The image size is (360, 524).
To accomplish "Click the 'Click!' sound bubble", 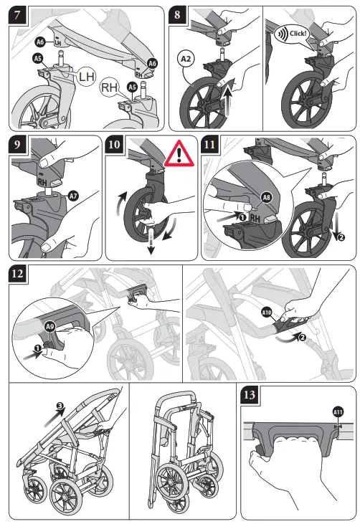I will (x=290, y=34).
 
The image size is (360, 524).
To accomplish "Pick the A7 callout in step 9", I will (x=73, y=196).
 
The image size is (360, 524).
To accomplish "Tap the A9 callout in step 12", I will (x=50, y=326).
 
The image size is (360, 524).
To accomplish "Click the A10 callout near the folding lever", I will (x=266, y=313).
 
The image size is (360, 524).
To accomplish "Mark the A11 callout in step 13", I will (x=338, y=411).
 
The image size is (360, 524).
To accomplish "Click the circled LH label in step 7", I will (x=86, y=74).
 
